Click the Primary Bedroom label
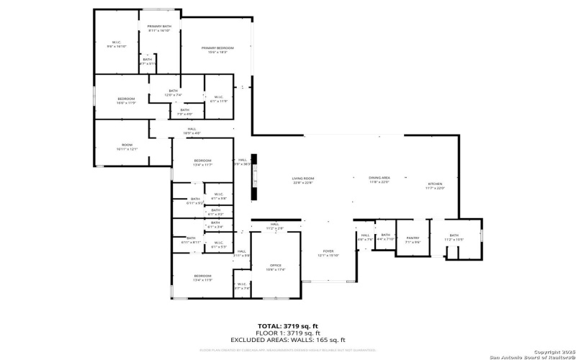click(x=218, y=50)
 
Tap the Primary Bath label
click(x=158, y=28)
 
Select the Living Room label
click(x=303, y=180)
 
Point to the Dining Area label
click(x=379, y=179)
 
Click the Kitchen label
click(x=435, y=186)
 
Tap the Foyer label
click(x=327, y=253)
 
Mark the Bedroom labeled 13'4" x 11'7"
click(x=202, y=162)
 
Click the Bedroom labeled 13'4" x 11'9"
click(x=202, y=277)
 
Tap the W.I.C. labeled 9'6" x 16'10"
click(x=116, y=44)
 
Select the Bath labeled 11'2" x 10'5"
click(x=454, y=237)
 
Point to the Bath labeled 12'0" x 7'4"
click(x=174, y=93)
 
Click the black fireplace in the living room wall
click(x=253, y=185)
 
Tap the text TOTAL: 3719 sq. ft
click(x=287, y=325)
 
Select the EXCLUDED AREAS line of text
click(x=287, y=340)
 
